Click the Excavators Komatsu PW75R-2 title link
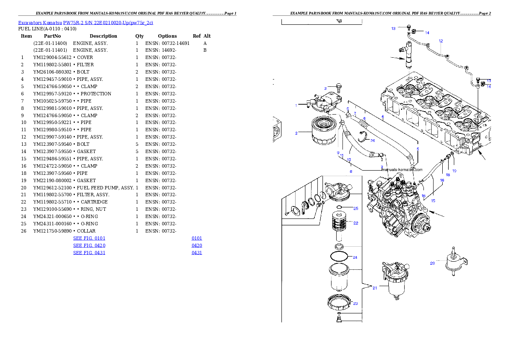click(86, 23)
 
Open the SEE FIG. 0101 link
click(89, 238)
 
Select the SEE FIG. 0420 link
click(89, 246)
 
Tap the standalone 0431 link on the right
click(197, 253)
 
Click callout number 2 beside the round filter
click(296, 133)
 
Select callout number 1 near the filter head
click(296, 105)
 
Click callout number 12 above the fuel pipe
click(441, 41)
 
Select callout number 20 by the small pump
click(432, 263)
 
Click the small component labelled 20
click(454, 259)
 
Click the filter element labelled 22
click(341, 225)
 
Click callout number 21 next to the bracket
click(375, 288)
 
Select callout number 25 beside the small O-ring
click(355, 209)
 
